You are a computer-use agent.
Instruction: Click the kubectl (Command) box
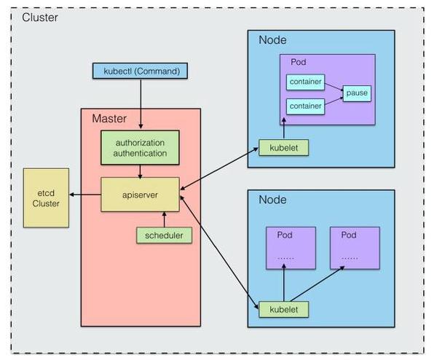[141, 71]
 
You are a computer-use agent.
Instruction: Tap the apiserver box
[140, 195]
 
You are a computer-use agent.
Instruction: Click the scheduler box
[164, 235]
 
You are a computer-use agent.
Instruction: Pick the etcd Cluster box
[45, 196]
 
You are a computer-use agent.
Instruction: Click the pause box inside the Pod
[356, 94]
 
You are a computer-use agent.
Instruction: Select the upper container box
[304, 82]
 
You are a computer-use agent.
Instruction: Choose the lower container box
[304, 107]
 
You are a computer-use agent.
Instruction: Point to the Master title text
[109, 118]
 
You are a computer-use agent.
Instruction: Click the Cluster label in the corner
[41, 17]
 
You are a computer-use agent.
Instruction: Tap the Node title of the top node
[272, 39]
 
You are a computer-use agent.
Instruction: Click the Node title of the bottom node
[272, 200]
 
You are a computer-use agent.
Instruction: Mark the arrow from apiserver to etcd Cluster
[84, 195]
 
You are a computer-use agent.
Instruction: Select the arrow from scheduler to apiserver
[164, 219]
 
